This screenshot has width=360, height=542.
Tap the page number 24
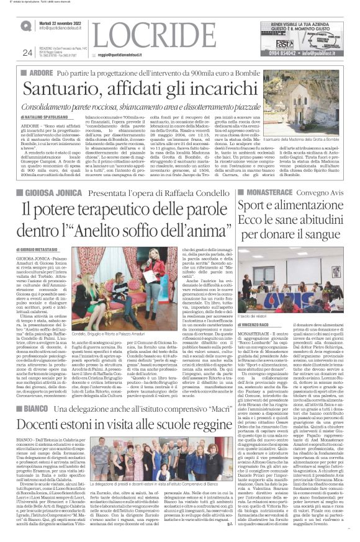(x=27, y=51)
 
